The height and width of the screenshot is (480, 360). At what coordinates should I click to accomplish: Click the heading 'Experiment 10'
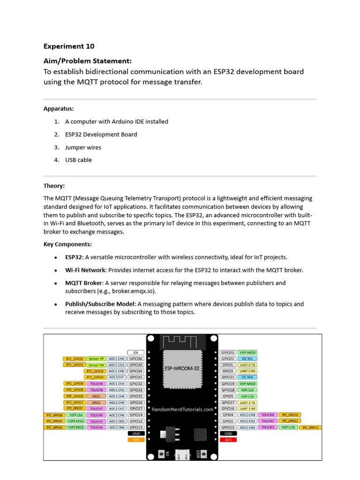(69, 46)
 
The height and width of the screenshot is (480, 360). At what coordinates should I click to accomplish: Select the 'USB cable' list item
(78, 160)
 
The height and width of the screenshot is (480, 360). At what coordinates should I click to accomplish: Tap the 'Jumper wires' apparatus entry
(83, 147)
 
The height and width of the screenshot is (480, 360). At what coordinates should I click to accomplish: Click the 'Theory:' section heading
(54, 186)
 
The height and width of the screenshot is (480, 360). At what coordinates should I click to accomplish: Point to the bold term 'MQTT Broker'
(83, 283)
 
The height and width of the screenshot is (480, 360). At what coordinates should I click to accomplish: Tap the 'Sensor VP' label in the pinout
(96, 359)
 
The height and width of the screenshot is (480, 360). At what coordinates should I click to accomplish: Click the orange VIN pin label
(136, 440)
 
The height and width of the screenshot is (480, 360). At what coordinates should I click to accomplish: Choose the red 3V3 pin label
(228, 440)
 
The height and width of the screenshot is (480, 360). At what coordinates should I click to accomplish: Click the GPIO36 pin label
(136, 359)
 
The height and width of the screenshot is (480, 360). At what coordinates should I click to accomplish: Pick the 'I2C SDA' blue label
(247, 377)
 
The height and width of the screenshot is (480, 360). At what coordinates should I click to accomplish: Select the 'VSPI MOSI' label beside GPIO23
(247, 352)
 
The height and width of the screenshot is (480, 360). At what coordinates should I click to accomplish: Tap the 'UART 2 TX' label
(247, 402)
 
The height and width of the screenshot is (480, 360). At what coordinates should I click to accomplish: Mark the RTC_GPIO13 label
(310, 427)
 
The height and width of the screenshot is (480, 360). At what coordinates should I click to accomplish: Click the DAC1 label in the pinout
(96, 396)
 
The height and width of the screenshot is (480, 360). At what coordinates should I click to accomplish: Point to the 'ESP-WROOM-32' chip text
(182, 368)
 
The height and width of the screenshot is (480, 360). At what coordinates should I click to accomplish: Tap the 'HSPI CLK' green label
(76, 415)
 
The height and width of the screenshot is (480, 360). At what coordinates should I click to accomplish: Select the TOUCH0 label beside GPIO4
(268, 415)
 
